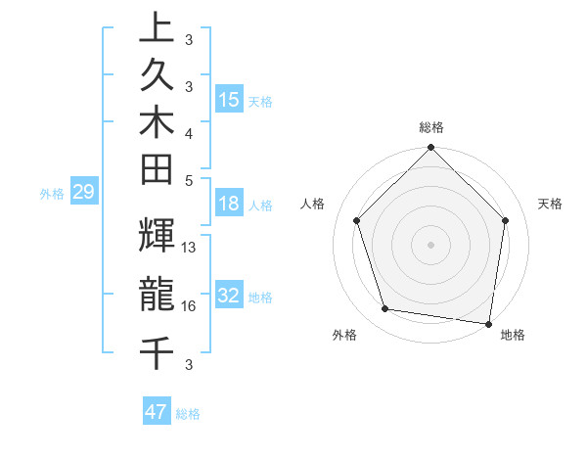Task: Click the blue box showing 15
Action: (x=229, y=100)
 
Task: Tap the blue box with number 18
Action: (x=229, y=205)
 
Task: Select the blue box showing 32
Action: (x=229, y=297)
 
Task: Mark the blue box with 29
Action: (x=83, y=193)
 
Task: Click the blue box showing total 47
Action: (x=157, y=412)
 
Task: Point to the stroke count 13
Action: (x=190, y=248)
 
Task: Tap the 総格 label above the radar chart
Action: (x=431, y=127)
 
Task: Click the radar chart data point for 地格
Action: (x=488, y=323)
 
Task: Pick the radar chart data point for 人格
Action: (x=356, y=220)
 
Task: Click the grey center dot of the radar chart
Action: (x=431, y=244)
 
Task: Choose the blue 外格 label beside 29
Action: (x=52, y=194)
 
